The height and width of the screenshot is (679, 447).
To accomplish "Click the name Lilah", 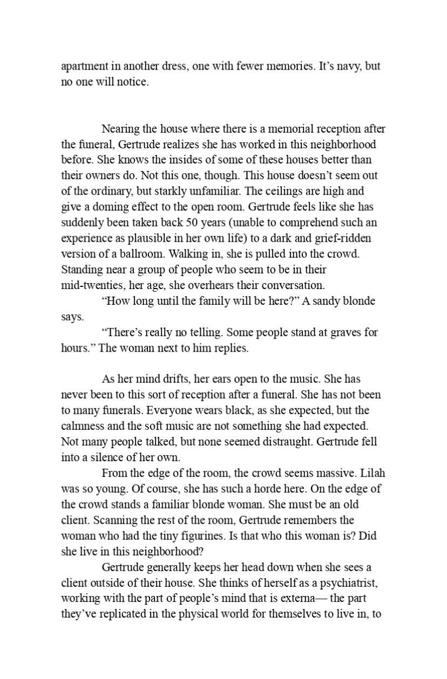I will click(x=373, y=473).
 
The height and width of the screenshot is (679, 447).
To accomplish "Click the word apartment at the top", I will click(x=84, y=67).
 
